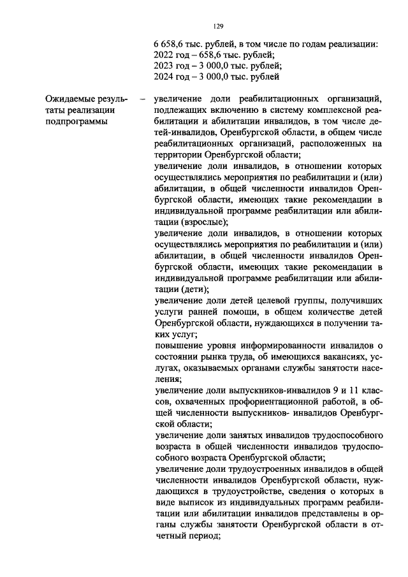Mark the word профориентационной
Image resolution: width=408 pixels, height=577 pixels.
pos(265,401)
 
